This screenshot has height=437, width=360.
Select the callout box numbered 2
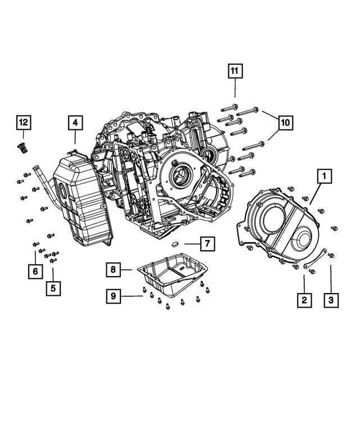pyautogui.click(x=304, y=300)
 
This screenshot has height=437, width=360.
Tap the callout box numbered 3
pyautogui.click(x=331, y=300)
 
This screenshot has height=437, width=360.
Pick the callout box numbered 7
pyautogui.click(x=206, y=244)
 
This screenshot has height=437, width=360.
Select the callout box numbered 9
pyautogui.click(x=113, y=295)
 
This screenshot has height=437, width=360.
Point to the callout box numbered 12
pyautogui.click(x=23, y=122)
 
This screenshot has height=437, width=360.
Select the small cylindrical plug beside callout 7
pyautogui.click(x=175, y=245)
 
